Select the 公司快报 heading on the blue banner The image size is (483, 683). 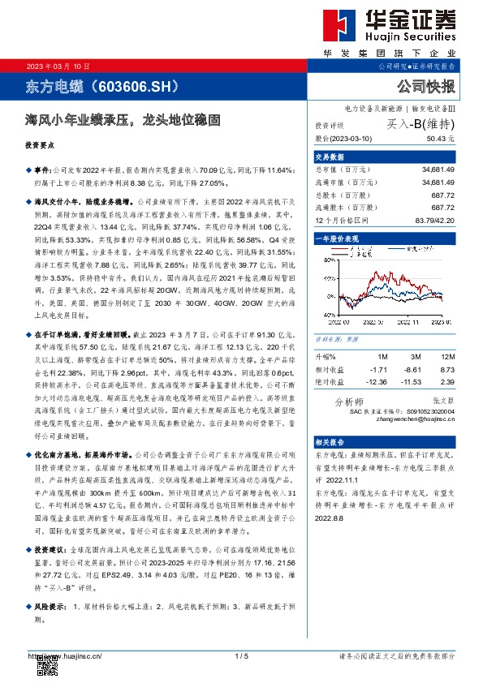pyautogui.click(x=426, y=86)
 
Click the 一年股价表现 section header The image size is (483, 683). pyautogui.click(x=334, y=239)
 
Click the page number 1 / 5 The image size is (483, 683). pyautogui.click(x=241, y=655)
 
